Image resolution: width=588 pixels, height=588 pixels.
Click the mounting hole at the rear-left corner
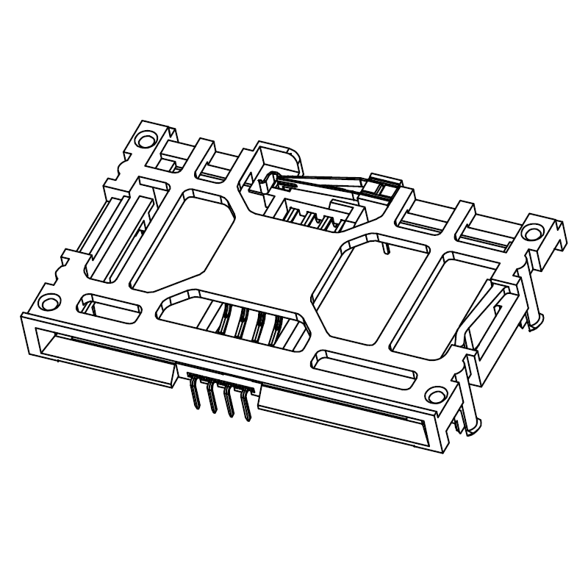(147, 138)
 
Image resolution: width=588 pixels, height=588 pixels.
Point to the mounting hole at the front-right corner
(437, 395)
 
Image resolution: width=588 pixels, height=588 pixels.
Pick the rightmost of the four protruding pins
(245, 406)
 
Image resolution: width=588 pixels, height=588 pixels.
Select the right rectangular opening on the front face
(342, 415)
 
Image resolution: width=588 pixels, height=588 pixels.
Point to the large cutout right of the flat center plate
(367, 287)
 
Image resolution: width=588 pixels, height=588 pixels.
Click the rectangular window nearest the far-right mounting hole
(441, 301)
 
